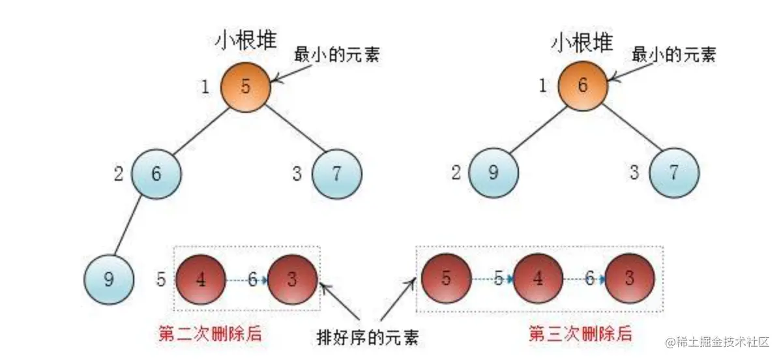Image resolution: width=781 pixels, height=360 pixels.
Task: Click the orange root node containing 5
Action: coord(245,86)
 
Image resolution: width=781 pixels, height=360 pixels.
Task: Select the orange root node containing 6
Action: coord(582,86)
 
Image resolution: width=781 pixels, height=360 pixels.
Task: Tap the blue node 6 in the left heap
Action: coord(156,173)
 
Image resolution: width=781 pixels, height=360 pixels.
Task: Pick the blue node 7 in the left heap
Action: coord(336,173)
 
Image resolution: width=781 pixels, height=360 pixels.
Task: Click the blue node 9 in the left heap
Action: coord(109,280)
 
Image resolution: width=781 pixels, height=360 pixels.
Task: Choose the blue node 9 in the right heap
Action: coord(494,173)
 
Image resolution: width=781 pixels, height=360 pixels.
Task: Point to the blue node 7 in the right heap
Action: coord(674,173)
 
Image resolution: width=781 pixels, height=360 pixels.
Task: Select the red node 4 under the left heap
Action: coord(201,279)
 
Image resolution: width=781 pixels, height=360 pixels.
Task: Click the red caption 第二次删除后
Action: coord(210,335)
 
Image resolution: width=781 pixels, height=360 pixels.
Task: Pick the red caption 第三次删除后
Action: coord(580,335)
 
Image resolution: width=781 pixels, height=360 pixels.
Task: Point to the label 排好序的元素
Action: coord(367,337)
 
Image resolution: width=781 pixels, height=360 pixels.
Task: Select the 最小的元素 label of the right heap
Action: coord(673,55)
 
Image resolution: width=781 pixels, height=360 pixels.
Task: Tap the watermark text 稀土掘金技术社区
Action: coord(718,342)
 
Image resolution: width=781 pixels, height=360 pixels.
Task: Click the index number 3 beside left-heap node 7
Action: coord(297,174)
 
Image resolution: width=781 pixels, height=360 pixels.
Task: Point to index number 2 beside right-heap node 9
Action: coord(455,173)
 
